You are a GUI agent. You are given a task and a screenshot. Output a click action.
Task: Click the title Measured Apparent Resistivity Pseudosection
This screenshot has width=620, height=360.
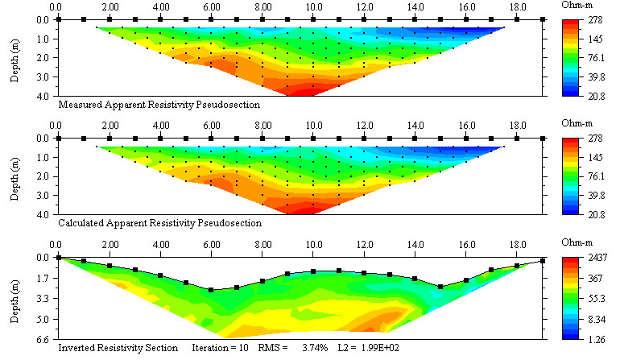[159, 104]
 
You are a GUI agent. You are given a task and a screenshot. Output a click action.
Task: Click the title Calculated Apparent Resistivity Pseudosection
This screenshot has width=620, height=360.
[160, 223]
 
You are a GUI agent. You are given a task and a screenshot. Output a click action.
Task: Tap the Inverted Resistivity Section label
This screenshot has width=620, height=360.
[118, 348]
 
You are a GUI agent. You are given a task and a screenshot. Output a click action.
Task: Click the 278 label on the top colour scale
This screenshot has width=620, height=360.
[594, 20]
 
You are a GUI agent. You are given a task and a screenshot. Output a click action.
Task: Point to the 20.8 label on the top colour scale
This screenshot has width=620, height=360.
[596, 95]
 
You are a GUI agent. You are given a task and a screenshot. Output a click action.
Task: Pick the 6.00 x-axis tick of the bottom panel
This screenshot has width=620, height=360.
[212, 245]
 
